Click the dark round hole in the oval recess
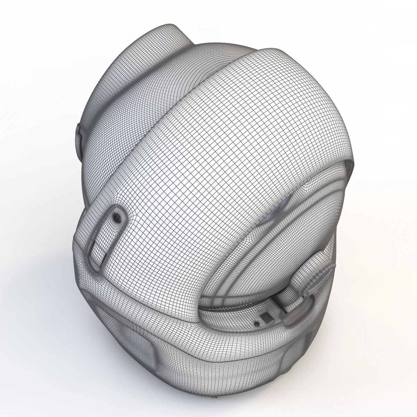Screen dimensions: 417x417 117,217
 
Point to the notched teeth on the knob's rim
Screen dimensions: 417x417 325,257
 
